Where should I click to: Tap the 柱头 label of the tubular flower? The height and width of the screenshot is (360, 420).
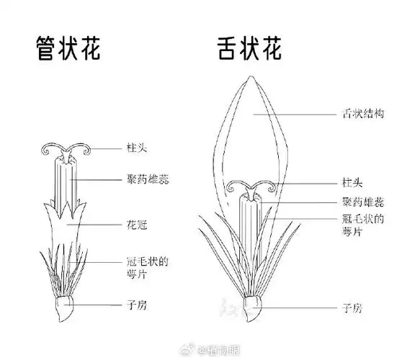[x=137, y=148]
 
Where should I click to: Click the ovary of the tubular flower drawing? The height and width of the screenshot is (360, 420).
[x=67, y=308]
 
